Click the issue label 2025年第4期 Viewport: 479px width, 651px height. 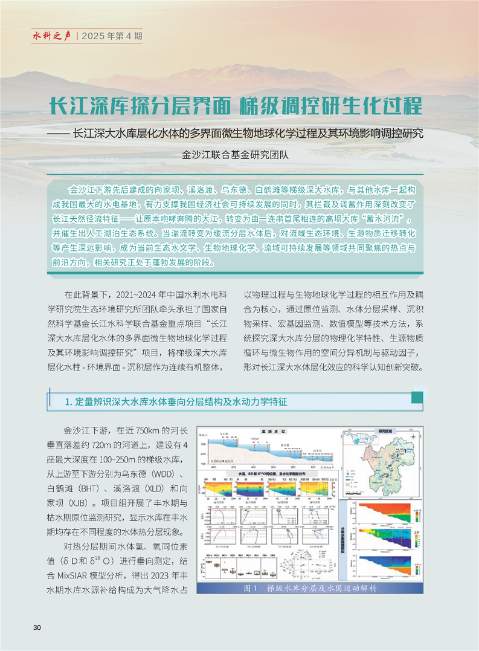[x=114, y=36]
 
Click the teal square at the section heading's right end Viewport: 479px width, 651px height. [x=417, y=397]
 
